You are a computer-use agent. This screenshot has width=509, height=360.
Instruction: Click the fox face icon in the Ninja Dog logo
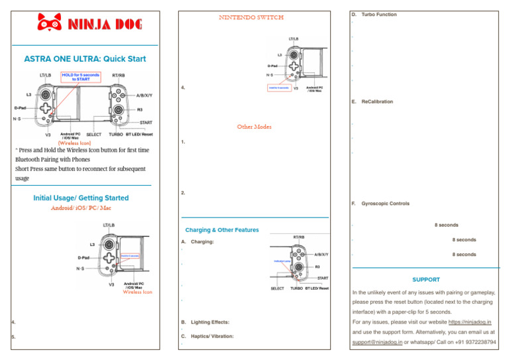[47, 24]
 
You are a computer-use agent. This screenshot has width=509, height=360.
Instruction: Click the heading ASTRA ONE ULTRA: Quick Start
[84, 59]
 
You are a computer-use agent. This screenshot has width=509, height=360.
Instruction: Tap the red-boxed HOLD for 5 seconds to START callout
[80, 78]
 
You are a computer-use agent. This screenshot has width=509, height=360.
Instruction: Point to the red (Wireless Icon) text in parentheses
[75, 142]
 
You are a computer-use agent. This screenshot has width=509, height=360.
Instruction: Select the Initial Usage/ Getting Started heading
[81, 198]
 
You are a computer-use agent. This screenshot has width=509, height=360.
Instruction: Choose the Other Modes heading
[254, 127]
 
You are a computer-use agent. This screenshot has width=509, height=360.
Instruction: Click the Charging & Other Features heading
[222, 230]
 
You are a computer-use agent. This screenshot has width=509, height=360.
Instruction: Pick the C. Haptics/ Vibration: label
[207, 336]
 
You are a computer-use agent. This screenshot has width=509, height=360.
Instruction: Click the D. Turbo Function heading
[374, 14]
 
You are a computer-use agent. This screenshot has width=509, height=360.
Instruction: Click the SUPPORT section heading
[425, 280]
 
